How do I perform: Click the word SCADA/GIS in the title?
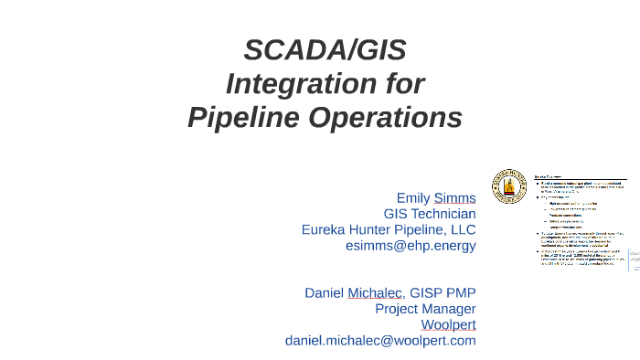(x=325, y=49)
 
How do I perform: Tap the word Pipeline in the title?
(x=245, y=118)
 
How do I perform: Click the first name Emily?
(x=412, y=197)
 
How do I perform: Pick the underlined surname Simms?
(x=454, y=197)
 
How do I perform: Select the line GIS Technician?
(x=430, y=214)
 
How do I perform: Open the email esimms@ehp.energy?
(x=410, y=246)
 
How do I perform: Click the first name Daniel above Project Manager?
(x=324, y=292)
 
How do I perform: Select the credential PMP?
(x=462, y=292)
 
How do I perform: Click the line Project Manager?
(x=425, y=309)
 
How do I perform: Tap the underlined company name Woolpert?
(x=448, y=324)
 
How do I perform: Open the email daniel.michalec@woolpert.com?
(x=380, y=341)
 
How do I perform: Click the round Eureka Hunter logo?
(x=508, y=185)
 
